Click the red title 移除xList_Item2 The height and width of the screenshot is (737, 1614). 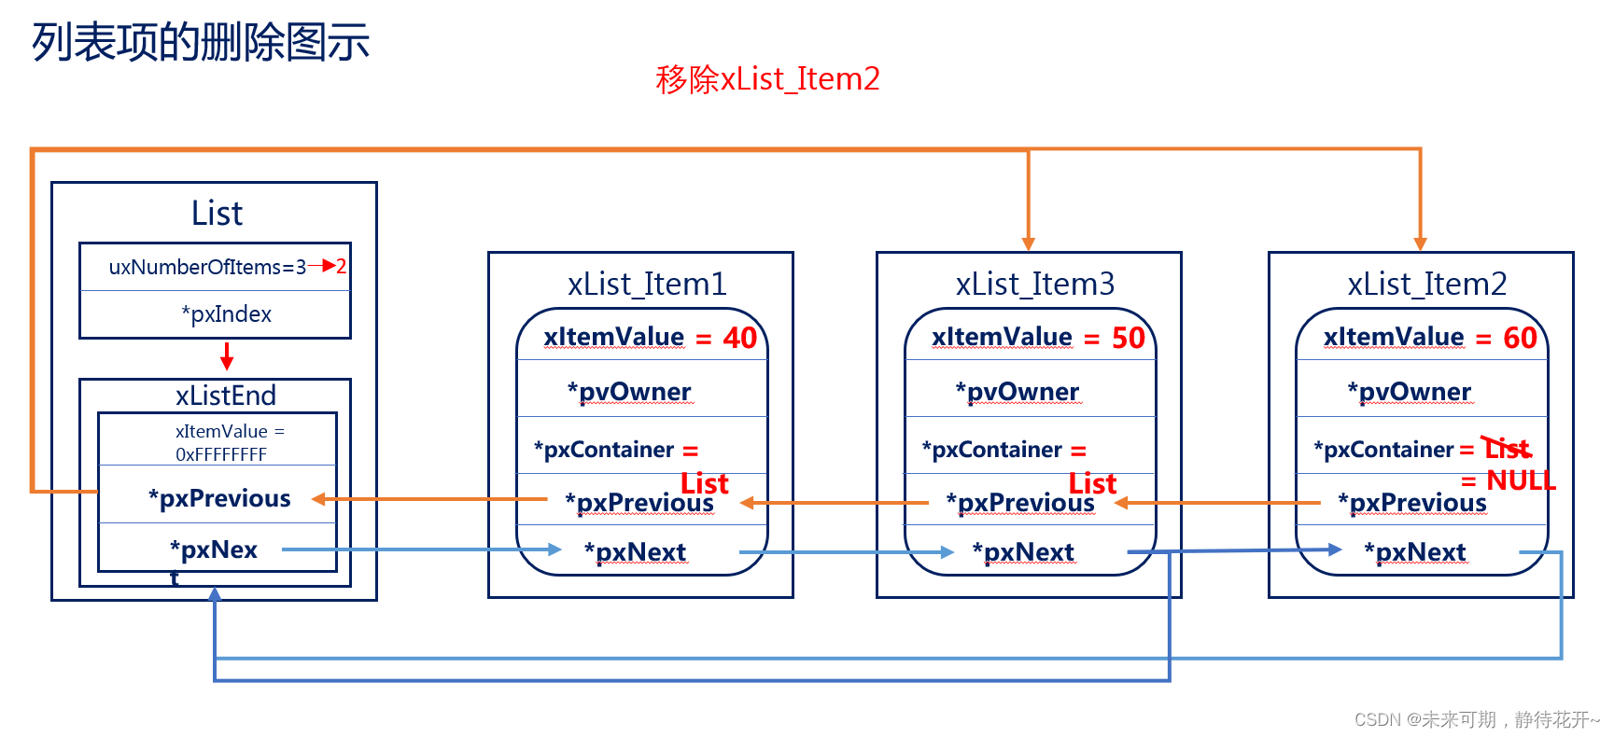(x=767, y=79)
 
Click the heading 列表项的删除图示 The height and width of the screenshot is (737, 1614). (x=201, y=43)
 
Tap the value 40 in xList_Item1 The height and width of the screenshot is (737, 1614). (x=739, y=338)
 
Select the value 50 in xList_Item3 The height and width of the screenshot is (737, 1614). (x=1128, y=338)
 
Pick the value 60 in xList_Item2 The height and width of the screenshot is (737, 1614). (x=1520, y=338)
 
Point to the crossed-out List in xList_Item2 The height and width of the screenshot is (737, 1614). (x=1508, y=449)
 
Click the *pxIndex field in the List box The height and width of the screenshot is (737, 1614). (x=227, y=314)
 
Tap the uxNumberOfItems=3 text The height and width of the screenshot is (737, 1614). (x=207, y=268)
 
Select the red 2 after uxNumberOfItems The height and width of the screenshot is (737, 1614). (x=342, y=267)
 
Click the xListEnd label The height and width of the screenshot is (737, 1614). (x=226, y=396)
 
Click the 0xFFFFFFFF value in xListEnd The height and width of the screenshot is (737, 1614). (x=221, y=454)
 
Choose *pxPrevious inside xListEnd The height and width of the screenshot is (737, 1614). (x=219, y=498)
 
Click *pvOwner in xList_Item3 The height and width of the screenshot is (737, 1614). (x=1018, y=392)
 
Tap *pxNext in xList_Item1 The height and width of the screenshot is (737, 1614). (x=636, y=552)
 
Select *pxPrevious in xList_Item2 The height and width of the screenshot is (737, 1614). (x=1412, y=503)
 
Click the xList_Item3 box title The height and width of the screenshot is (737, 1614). (x=1034, y=284)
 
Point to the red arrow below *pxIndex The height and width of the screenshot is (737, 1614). (x=227, y=356)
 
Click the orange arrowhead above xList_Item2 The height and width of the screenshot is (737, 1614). (x=1420, y=243)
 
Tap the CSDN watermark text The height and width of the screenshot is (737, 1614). (x=1476, y=719)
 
